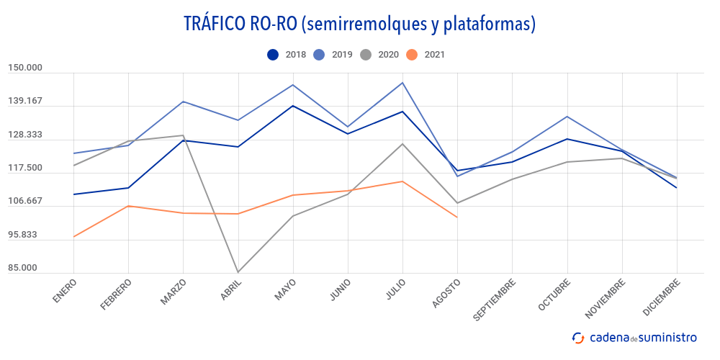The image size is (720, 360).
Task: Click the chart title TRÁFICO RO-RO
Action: [359, 24]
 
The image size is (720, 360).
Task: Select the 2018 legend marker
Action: [273, 54]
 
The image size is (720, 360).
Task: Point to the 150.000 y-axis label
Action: [25, 68]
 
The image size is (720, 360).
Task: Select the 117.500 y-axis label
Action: [25, 168]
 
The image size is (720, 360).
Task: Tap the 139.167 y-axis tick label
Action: [25, 102]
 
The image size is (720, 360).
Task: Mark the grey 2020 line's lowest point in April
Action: [238, 272]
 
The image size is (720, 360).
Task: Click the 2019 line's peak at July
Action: [402, 83]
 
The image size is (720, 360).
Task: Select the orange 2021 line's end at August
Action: [457, 217]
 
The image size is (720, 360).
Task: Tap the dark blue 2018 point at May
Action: [292, 106]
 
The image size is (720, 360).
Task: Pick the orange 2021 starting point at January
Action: [73, 237]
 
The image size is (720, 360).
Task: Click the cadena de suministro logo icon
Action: [577, 338]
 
